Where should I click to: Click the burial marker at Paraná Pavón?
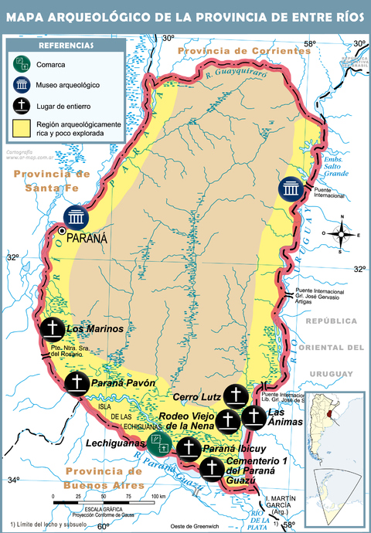(x=77, y=382)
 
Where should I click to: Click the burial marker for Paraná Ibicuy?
(x=188, y=448)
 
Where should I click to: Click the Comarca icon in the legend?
(x=23, y=65)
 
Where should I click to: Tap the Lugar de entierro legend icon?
(x=23, y=104)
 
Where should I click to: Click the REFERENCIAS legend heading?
(x=66, y=46)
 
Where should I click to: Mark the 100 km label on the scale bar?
(x=157, y=495)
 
